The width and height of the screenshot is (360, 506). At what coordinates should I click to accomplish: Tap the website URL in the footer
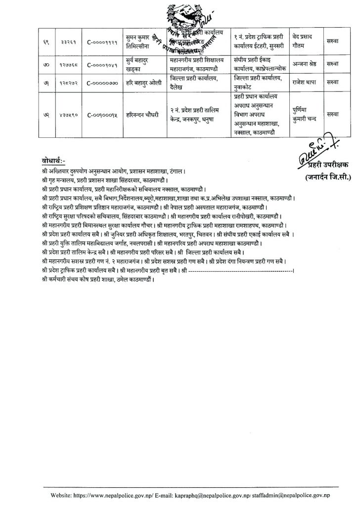[x=114, y=495]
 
